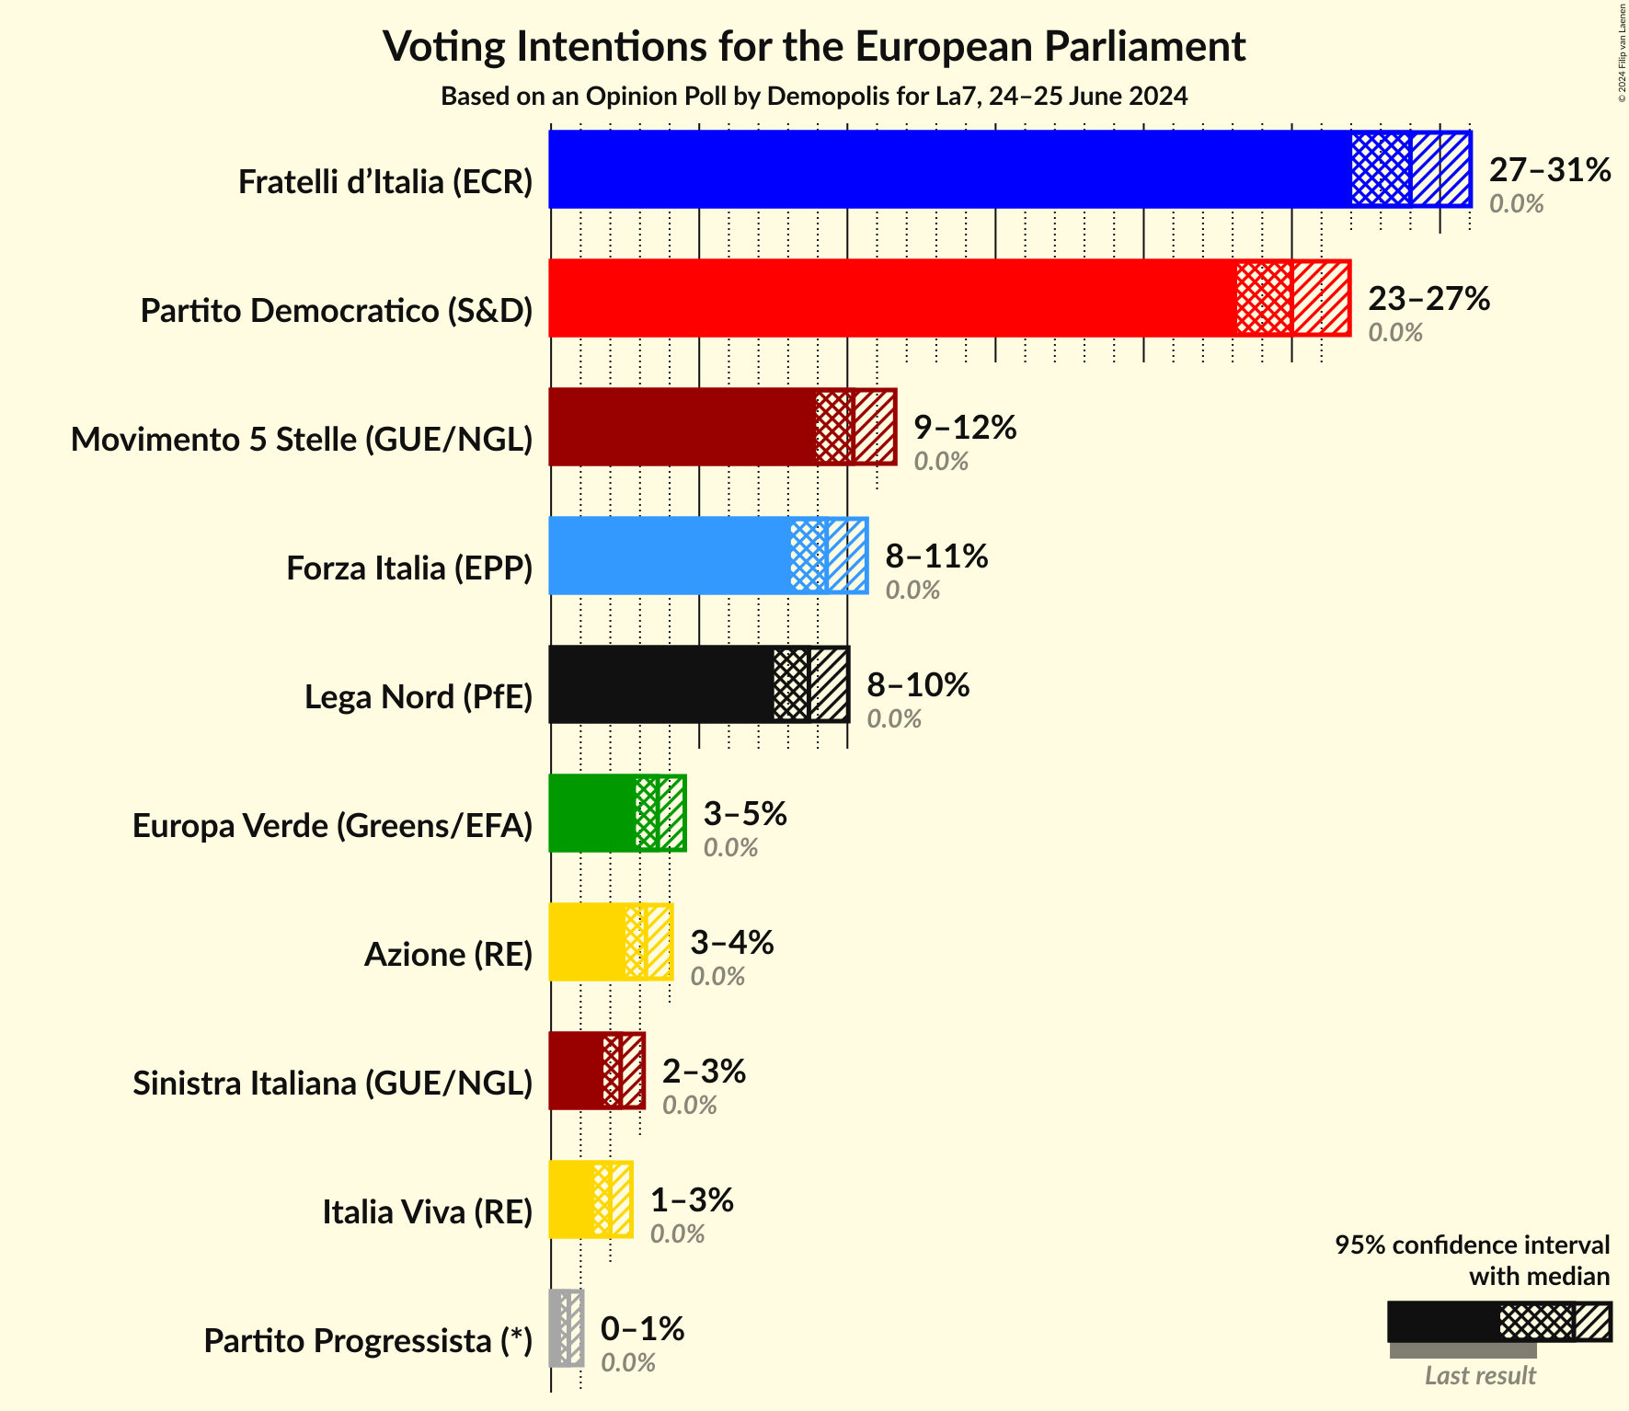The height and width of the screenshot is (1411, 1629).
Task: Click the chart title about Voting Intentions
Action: point(814,46)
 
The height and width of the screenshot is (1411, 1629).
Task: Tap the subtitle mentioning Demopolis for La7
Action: point(814,97)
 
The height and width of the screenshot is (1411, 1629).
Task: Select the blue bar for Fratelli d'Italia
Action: point(947,169)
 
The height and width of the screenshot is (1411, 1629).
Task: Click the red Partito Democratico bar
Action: point(892,298)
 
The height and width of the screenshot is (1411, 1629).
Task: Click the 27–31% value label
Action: point(1550,170)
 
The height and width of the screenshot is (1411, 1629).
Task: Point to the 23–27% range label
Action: point(1428,299)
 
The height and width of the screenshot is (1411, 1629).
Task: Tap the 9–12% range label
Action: point(965,428)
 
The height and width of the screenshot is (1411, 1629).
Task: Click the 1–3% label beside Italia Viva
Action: point(692,1200)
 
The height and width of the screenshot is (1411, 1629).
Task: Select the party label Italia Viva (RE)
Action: point(427,1212)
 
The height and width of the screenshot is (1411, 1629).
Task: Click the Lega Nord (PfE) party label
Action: point(419,697)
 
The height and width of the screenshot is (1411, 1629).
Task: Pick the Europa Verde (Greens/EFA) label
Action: point(332,826)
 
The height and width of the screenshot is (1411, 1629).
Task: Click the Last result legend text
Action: point(1480,1375)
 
